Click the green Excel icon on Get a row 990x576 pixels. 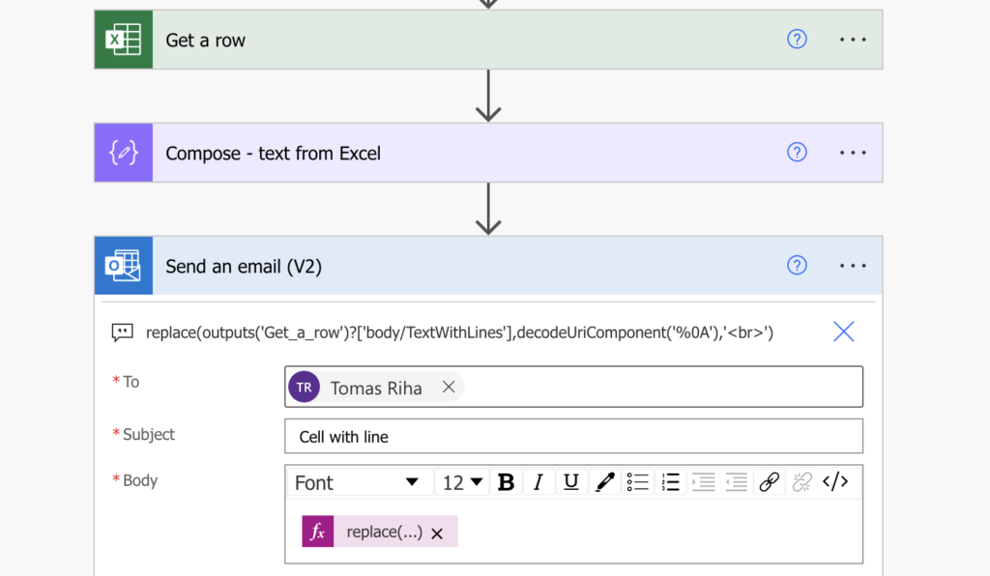point(123,39)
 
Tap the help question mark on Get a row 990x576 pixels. point(797,39)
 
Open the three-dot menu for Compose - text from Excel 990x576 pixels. point(853,153)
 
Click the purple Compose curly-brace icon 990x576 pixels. point(123,153)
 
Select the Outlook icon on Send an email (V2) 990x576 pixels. point(123,266)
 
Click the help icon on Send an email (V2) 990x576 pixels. point(797,266)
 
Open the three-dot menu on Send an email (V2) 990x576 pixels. point(853,266)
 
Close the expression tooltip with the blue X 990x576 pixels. point(843,331)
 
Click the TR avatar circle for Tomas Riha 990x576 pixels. point(304,387)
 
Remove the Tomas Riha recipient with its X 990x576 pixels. point(449,387)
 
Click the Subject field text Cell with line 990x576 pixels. point(343,437)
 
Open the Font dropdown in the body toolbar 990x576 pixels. point(356,482)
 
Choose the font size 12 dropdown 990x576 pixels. point(462,482)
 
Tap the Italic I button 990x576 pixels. point(538,482)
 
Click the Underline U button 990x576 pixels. point(570,482)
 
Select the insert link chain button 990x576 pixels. point(769,482)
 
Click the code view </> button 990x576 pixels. point(834,482)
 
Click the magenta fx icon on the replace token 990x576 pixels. point(317,532)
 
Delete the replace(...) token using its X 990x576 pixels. point(437,533)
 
